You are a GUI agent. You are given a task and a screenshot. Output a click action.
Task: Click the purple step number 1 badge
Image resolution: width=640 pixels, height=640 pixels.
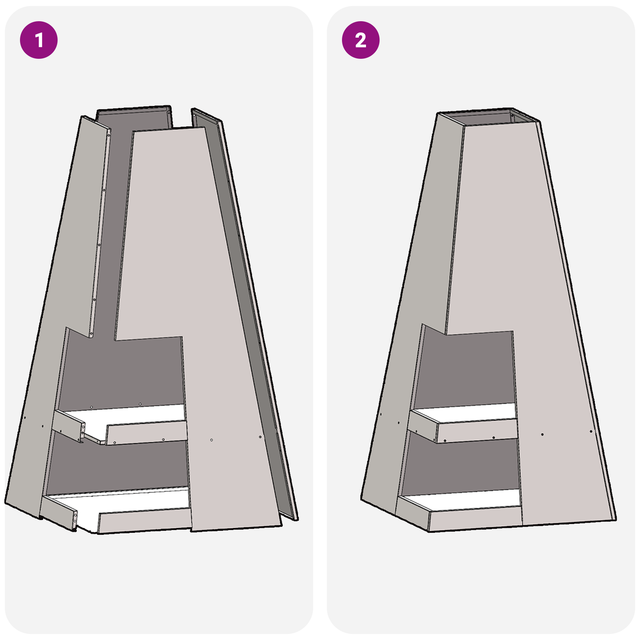[39, 40]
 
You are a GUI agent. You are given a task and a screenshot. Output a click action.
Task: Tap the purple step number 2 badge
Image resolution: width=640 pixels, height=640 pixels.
[360, 40]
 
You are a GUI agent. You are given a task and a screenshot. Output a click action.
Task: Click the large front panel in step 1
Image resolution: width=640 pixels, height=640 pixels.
[200, 280]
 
